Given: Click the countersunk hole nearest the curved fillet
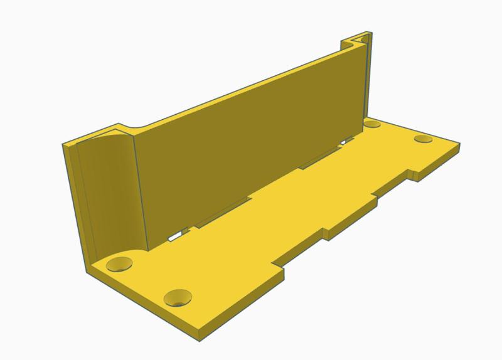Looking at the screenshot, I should click(119, 263).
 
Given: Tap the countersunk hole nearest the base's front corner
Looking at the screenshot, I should click(178, 297).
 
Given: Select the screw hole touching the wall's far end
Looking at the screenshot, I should click(373, 124).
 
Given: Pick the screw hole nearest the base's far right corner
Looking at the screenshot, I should click(424, 139).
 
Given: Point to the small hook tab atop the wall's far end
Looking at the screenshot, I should click(363, 39).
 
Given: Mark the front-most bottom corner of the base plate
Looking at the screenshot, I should click(199, 331).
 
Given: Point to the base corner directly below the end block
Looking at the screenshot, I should click(88, 266).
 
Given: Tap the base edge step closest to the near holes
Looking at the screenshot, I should click(283, 270).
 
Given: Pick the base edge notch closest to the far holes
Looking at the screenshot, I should click(413, 172).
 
